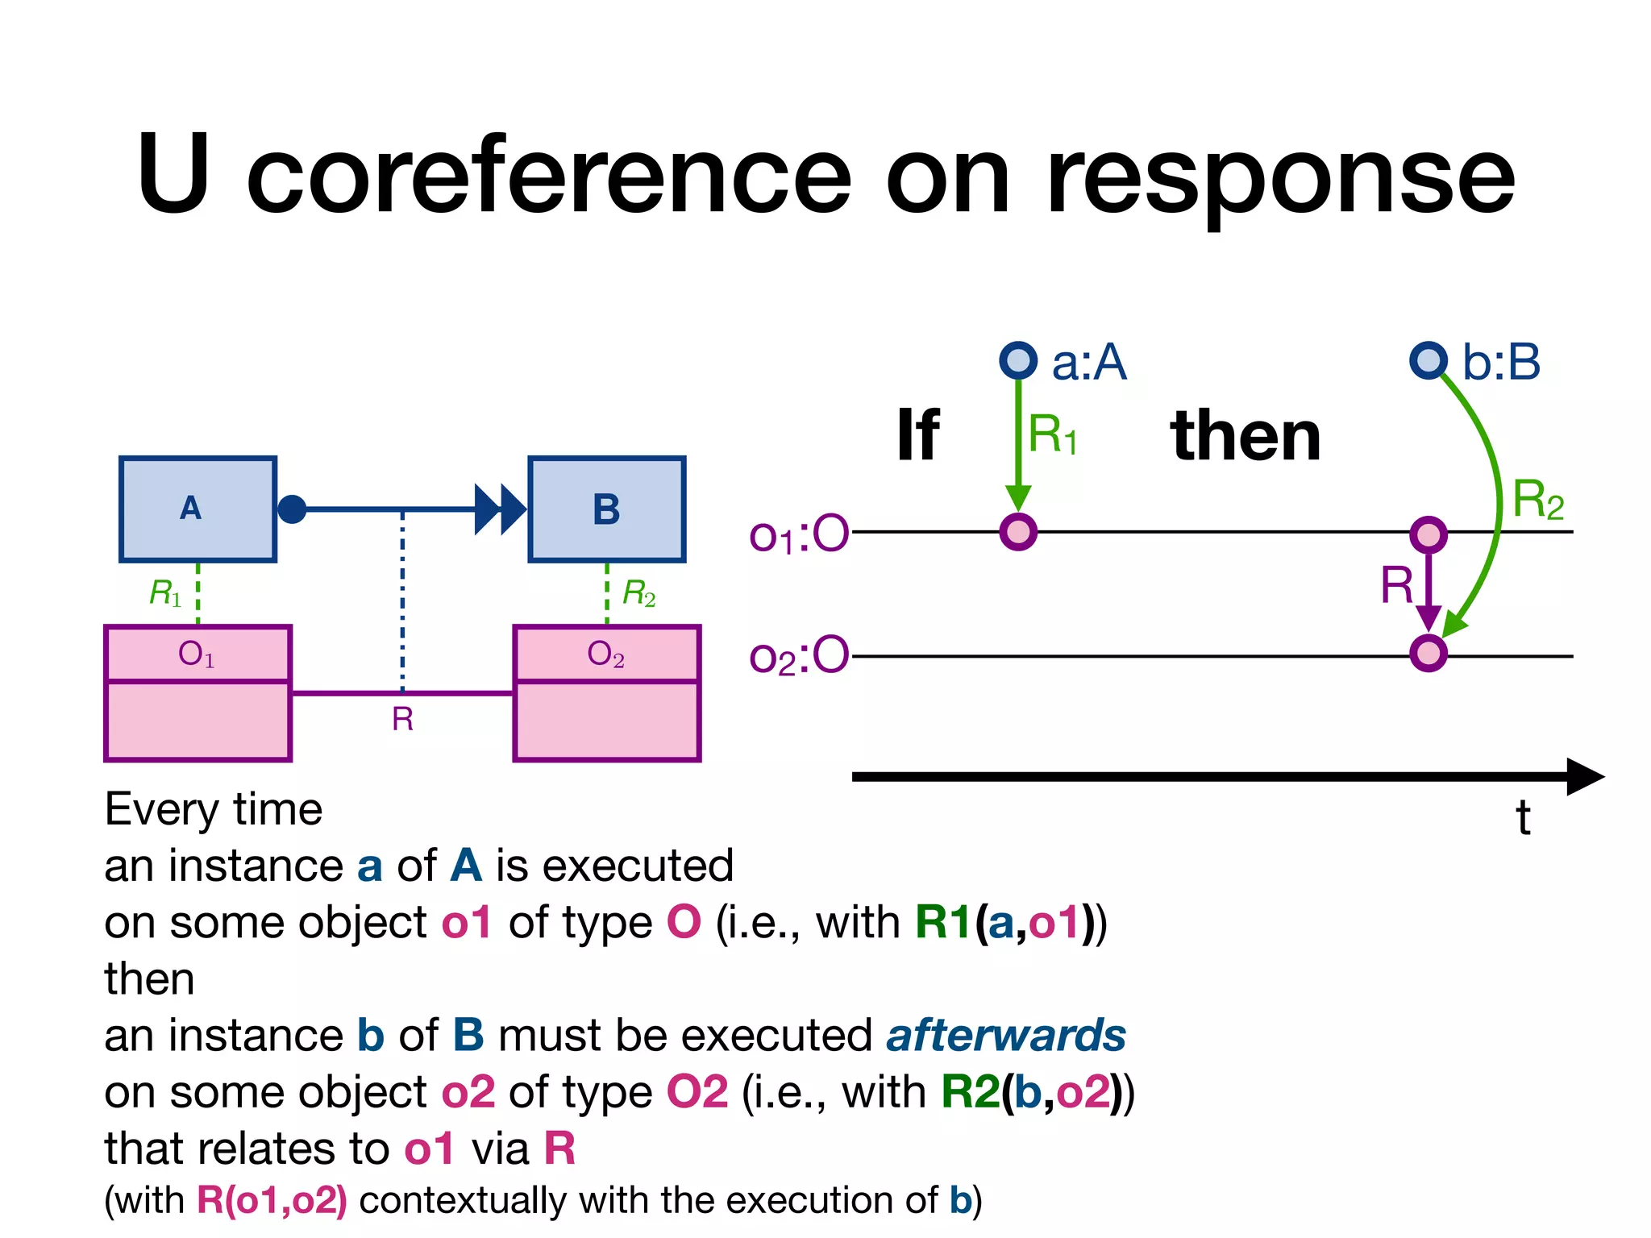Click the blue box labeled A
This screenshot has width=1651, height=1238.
click(198, 509)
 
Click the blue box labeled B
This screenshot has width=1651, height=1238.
click(606, 509)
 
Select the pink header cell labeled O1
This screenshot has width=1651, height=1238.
click(198, 654)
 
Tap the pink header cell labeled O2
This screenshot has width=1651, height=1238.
click(606, 654)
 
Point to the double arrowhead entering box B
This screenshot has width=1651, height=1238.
click(500, 509)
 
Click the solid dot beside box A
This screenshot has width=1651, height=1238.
click(292, 509)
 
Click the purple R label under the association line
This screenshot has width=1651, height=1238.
click(402, 719)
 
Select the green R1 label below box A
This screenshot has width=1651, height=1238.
click(165, 593)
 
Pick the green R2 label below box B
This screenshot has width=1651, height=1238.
click(638, 593)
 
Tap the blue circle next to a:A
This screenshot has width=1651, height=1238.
click(1018, 360)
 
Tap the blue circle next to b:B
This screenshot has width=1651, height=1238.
click(1429, 360)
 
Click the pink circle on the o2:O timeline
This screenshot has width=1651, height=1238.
click(1429, 653)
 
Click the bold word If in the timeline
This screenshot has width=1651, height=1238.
click(917, 435)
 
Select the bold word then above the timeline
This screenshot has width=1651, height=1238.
click(1246, 435)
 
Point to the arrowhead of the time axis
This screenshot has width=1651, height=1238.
click(1584, 776)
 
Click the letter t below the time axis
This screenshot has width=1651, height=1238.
click(1522, 818)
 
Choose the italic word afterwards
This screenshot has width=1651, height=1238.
click(1005, 1035)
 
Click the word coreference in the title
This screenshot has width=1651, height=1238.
click(548, 177)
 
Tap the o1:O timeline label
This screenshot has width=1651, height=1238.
click(798, 534)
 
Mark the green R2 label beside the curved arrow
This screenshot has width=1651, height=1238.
click(1537, 500)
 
